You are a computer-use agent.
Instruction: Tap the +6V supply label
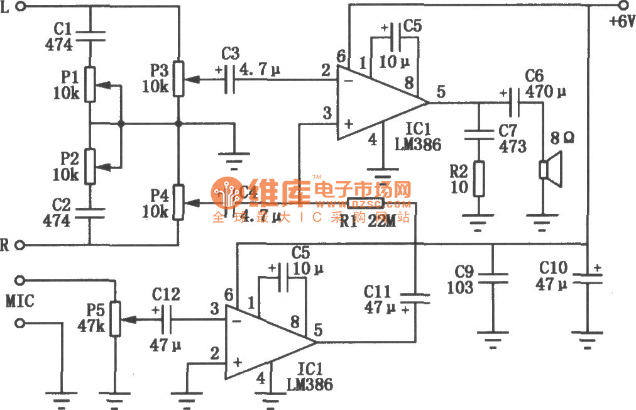click(x=622, y=21)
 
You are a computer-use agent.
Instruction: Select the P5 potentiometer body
click(x=115, y=319)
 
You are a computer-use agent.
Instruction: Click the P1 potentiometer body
click(x=90, y=84)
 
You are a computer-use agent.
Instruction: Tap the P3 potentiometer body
click(x=179, y=79)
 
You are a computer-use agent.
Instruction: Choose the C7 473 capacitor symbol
click(x=479, y=134)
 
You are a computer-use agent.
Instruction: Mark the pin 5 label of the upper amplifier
click(x=441, y=92)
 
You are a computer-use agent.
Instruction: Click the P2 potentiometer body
click(x=90, y=165)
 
